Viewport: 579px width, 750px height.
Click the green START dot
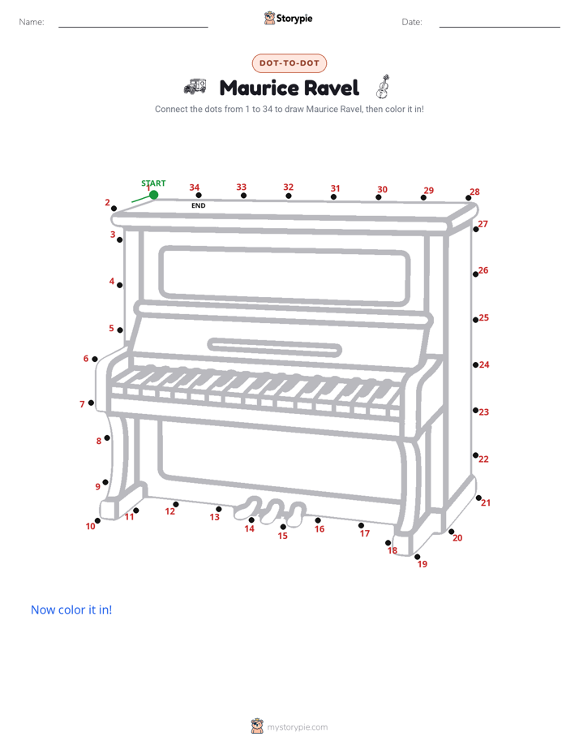click(x=153, y=195)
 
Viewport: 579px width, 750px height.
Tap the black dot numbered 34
click(x=199, y=195)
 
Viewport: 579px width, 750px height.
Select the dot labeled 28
click(x=468, y=198)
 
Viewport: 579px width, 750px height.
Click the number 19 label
click(x=422, y=564)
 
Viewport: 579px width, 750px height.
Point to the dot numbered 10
click(x=97, y=521)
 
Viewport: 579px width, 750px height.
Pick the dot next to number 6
click(x=95, y=360)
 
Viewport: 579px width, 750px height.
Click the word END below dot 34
click(x=198, y=205)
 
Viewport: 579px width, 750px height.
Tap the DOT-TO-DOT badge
click(x=289, y=63)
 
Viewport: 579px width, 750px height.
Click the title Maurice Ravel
click(x=289, y=88)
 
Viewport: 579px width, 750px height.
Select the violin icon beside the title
click(x=383, y=87)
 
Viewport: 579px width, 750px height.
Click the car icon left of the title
click(x=195, y=87)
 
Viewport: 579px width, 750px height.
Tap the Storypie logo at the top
click(x=288, y=18)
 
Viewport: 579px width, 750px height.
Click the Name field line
click(x=133, y=27)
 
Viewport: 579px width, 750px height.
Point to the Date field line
click(x=500, y=27)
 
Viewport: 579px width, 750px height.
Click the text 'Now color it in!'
click(x=71, y=610)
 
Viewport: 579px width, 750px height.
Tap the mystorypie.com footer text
click(x=297, y=727)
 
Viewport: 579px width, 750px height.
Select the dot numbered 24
click(x=475, y=365)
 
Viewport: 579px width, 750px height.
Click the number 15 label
click(x=283, y=536)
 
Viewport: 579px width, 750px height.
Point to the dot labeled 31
click(x=333, y=197)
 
